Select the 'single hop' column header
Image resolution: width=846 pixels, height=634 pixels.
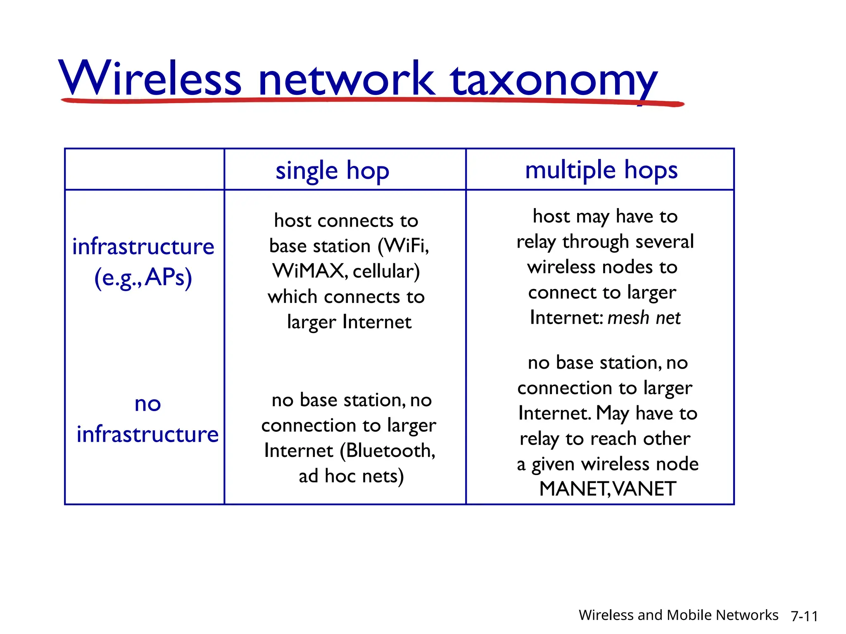tap(332, 170)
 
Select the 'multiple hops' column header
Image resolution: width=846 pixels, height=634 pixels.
tap(601, 170)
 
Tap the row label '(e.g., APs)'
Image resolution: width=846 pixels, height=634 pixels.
tap(143, 277)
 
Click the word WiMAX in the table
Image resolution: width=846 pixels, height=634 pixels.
tap(308, 271)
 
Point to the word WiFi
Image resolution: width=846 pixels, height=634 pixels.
tap(405, 246)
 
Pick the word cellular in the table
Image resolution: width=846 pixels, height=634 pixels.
tap(386, 272)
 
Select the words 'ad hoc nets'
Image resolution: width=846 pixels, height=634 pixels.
tap(351, 476)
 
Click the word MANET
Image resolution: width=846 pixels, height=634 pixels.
tap(573, 489)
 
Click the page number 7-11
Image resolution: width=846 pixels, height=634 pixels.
tap(804, 616)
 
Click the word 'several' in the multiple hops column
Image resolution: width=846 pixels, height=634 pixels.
tap(665, 242)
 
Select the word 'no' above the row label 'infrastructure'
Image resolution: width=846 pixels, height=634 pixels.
tap(147, 404)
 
